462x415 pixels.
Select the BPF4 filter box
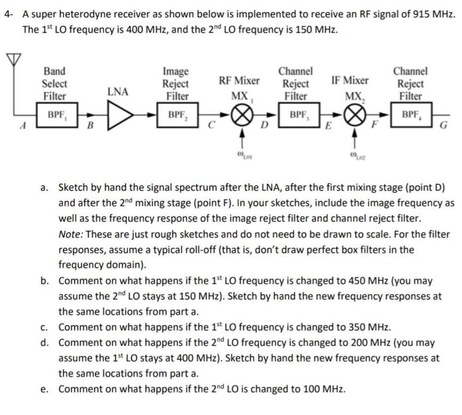pyautogui.click(x=411, y=115)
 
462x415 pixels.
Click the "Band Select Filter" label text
pyautogui.click(x=54, y=84)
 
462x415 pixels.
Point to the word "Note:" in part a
pyautogui.click(x=70, y=234)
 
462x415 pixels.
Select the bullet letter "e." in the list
pyautogui.click(x=44, y=389)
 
